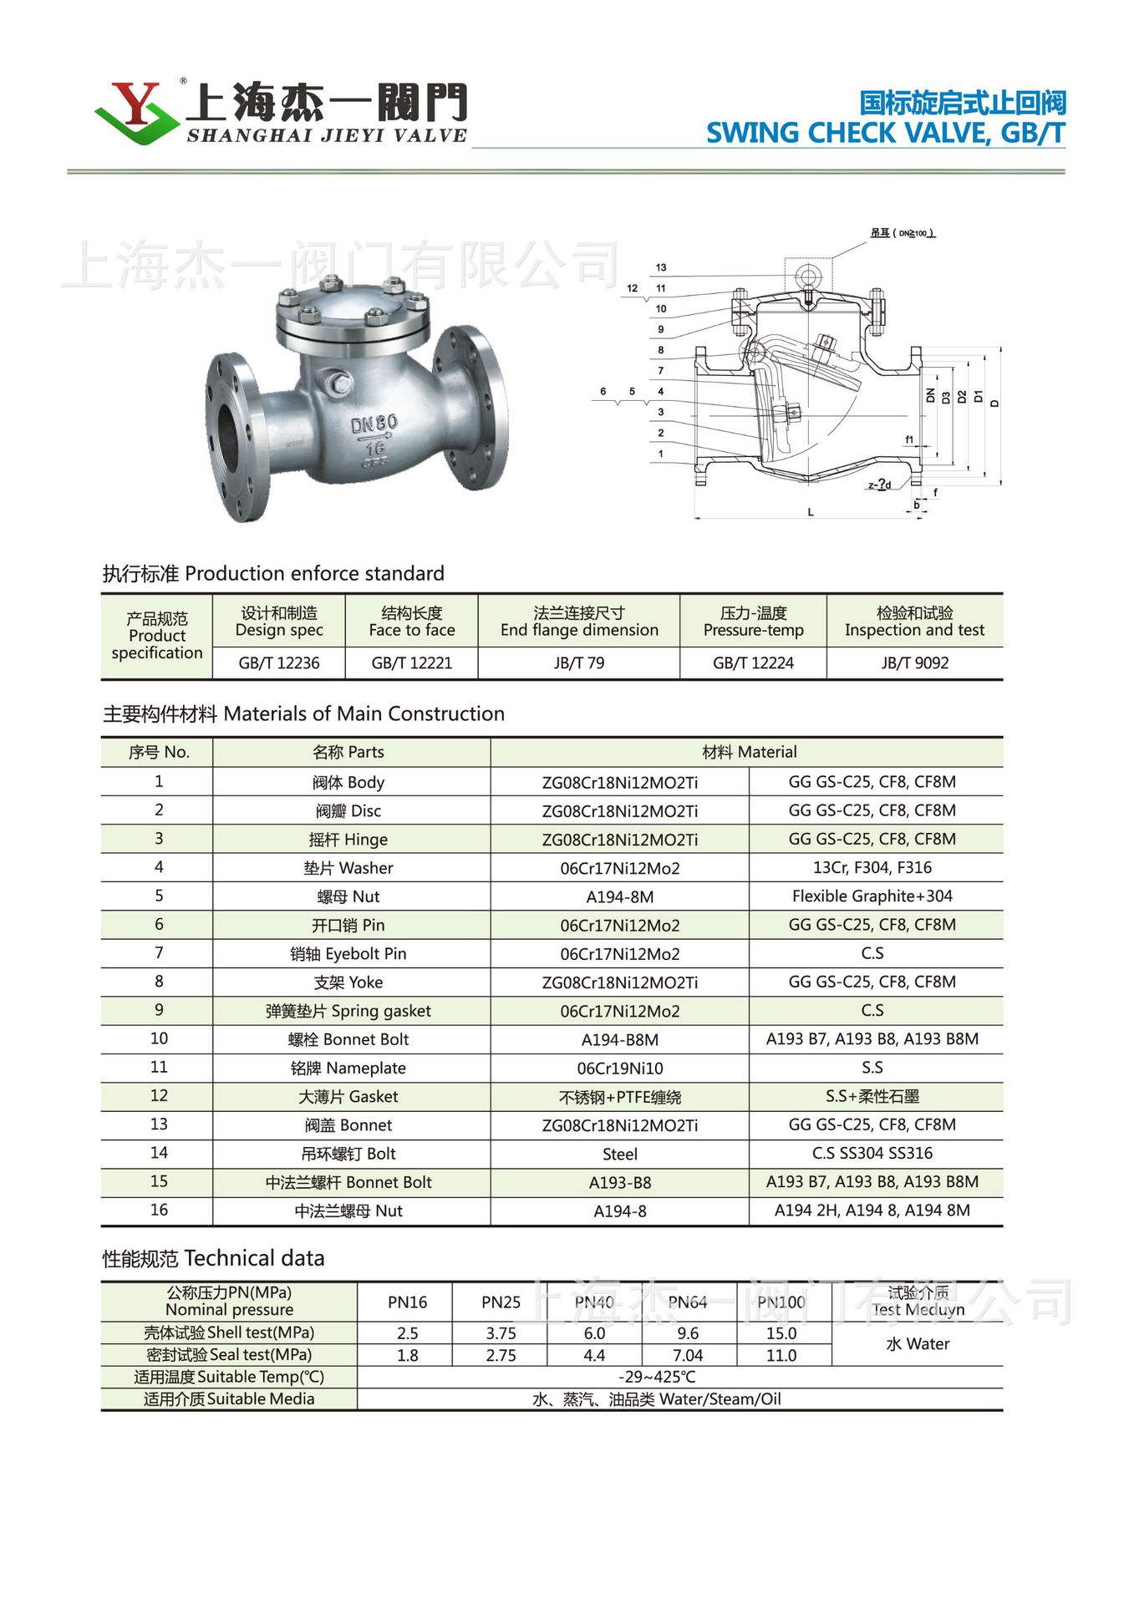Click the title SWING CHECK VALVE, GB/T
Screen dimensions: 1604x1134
point(885,134)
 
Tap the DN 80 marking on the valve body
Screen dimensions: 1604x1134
point(374,424)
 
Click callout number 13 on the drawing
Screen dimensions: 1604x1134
point(661,267)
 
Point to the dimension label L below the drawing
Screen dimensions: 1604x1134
point(810,512)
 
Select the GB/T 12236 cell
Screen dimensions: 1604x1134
point(279,663)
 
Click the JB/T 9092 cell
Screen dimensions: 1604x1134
point(914,663)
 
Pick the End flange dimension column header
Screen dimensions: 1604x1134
point(579,622)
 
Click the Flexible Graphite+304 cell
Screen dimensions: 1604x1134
point(872,896)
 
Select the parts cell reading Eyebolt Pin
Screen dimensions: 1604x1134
point(348,954)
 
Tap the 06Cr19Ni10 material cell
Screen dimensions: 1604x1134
point(619,1068)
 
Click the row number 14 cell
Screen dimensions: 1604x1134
point(159,1153)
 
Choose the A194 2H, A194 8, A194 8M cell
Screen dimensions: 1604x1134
point(872,1211)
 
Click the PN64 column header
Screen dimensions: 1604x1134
point(687,1302)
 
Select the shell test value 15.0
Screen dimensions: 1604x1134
point(781,1333)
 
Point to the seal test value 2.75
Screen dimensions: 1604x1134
point(501,1356)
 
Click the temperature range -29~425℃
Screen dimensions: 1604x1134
point(657,1378)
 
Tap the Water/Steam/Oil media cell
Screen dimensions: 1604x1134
point(657,1399)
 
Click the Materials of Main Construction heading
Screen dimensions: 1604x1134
point(303,714)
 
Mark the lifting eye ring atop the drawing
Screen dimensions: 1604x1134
point(808,277)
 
